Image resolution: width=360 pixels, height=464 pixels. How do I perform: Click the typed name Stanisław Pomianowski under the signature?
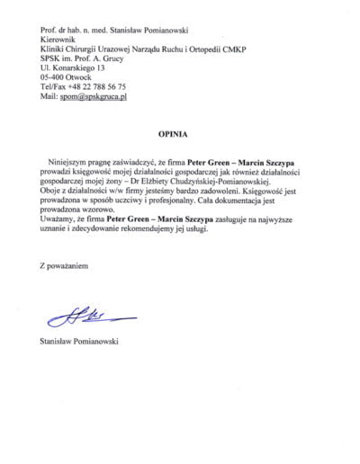tap(82, 341)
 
